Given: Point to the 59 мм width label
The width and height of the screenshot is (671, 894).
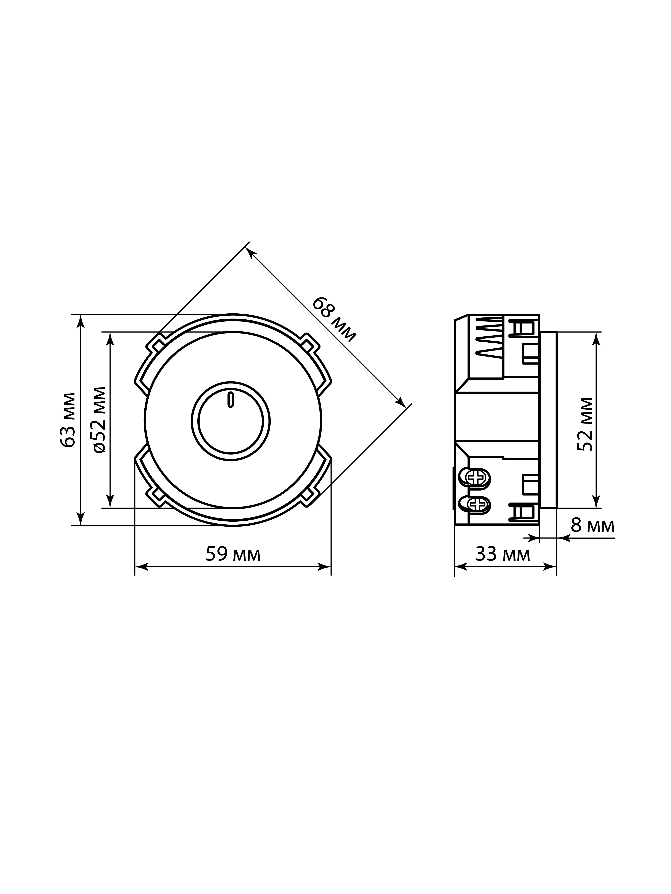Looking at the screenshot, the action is [x=233, y=554].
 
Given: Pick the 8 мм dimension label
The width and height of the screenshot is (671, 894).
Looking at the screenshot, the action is [x=593, y=526].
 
